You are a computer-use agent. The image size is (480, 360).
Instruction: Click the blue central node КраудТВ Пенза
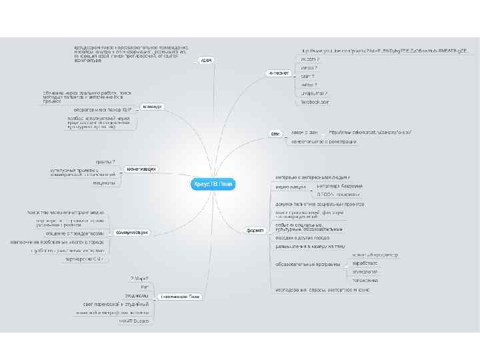(214, 183)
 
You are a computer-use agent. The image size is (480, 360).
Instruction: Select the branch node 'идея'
(206, 61)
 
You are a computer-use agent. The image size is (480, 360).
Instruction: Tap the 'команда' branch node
(153, 107)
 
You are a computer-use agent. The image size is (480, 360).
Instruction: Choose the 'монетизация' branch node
(141, 169)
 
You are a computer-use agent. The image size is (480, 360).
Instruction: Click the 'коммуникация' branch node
(131, 232)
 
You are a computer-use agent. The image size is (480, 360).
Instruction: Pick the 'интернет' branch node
(278, 73)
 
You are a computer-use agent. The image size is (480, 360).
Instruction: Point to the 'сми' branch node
(275, 134)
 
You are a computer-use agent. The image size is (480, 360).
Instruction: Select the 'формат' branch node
(255, 230)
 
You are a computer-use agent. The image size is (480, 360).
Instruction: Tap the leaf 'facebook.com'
(315, 102)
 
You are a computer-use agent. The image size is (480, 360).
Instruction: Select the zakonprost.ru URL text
(370, 132)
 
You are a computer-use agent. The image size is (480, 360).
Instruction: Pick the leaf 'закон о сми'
(305, 132)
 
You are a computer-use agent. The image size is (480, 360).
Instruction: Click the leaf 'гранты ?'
(105, 161)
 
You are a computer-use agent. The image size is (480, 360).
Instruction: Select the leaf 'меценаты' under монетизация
(104, 183)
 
